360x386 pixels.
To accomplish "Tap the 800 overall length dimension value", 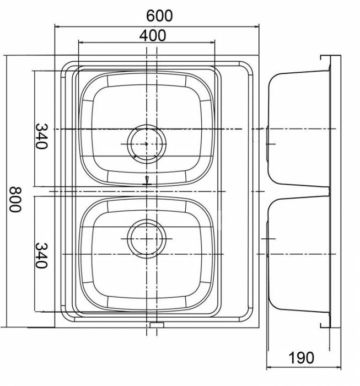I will point(14,200).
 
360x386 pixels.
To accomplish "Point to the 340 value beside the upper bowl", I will point(42,136).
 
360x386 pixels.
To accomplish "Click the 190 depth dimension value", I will point(301,358).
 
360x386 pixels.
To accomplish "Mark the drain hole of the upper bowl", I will point(147,143).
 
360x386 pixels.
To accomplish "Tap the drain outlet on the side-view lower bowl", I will point(267,239).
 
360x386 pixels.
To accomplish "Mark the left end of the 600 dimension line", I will point(55,25).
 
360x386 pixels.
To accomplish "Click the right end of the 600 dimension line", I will point(259,25).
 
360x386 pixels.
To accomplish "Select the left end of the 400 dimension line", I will point(79,43).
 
